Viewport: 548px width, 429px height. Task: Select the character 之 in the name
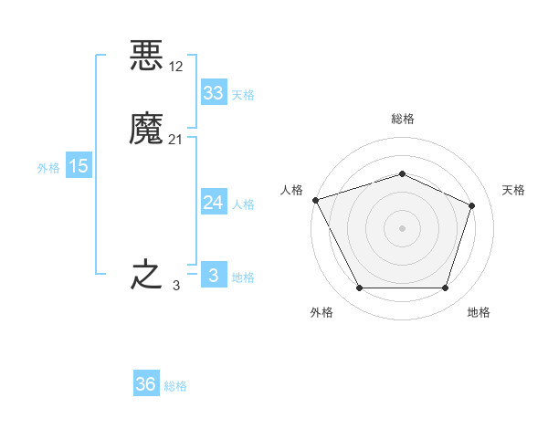[146, 275]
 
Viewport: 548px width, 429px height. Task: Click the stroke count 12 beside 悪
[176, 66]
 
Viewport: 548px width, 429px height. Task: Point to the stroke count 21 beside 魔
[176, 139]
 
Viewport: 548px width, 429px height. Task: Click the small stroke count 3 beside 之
[176, 285]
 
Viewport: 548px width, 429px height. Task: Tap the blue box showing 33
[213, 93]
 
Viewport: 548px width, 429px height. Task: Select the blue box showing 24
[213, 203]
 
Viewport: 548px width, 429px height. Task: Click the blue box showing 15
[78, 166]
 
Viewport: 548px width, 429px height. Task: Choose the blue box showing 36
[146, 384]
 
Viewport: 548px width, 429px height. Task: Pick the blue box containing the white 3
[213, 275]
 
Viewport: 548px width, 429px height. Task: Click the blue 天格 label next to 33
[243, 95]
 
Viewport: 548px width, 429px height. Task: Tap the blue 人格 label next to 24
[243, 204]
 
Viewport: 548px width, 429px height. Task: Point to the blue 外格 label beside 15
[48, 168]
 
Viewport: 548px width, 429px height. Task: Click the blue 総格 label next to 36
[175, 386]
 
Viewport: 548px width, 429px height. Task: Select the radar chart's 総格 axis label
[402, 119]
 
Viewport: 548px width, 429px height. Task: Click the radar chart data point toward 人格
[315, 200]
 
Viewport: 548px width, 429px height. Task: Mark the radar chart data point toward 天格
[472, 205]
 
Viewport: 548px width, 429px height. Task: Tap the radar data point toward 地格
[445, 288]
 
